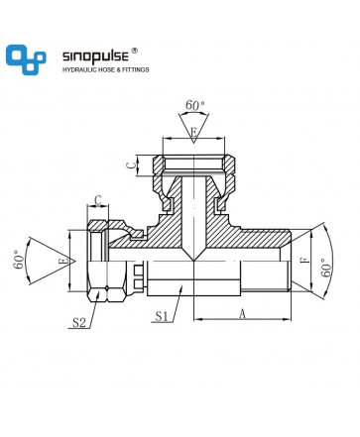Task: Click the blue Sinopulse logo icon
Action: tap(26, 59)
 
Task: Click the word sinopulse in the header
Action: tap(95, 56)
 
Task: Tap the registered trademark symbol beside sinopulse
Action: tap(134, 51)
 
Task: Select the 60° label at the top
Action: tap(194, 105)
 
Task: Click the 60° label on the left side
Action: tap(20, 260)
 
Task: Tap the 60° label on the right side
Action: tap(326, 268)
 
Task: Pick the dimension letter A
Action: tap(243, 313)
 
